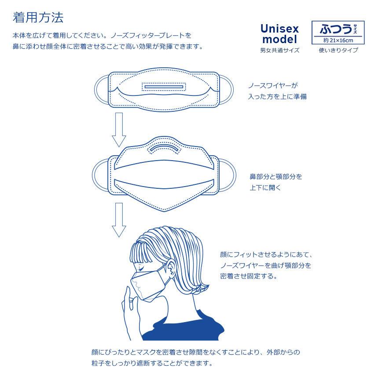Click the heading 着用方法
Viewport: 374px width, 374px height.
(x=38, y=18)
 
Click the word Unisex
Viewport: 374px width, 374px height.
(x=279, y=29)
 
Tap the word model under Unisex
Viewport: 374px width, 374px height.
(x=279, y=40)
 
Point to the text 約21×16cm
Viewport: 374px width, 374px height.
(x=338, y=40)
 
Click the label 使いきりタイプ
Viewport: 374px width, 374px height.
(x=338, y=50)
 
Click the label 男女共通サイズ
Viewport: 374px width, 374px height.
(x=279, y=50)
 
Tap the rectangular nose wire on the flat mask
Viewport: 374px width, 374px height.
(x=164, y=86)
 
